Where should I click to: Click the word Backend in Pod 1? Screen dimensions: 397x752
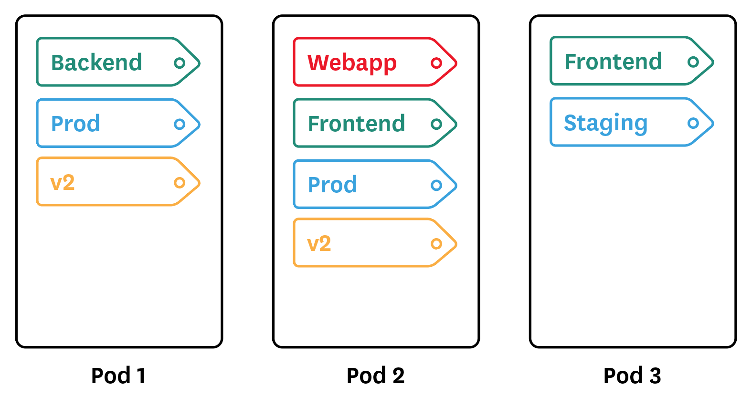96,63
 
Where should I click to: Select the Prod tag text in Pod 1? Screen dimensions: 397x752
75,124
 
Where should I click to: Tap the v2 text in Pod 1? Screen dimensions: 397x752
63,183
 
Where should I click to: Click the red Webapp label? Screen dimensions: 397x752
352,63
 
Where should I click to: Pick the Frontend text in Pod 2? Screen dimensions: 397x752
356,124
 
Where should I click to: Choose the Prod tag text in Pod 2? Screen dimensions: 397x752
332,185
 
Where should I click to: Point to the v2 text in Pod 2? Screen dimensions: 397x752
319,244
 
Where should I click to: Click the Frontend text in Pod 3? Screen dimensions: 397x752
613,62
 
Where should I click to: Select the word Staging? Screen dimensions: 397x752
605,123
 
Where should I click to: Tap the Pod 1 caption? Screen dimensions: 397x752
118,376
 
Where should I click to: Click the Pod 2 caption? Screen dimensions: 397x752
375,376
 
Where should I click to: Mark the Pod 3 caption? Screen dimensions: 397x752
632,376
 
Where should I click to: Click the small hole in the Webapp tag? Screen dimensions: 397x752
436,63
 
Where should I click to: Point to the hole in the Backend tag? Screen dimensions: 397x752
180,63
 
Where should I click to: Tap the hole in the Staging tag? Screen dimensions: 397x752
693,123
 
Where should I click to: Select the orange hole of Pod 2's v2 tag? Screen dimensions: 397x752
436,244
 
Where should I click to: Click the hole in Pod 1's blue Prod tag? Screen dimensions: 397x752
180,124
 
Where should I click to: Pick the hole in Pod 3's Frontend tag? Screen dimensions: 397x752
693,62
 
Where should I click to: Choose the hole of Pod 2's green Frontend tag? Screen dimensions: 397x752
436,124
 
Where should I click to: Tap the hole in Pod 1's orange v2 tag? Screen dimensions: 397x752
180,183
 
